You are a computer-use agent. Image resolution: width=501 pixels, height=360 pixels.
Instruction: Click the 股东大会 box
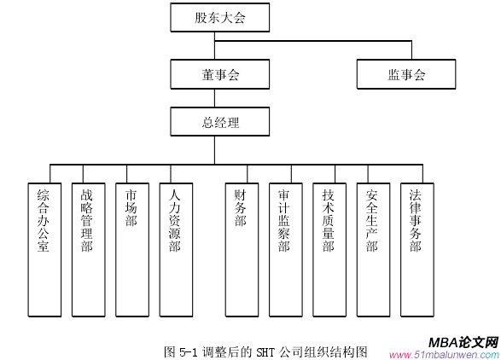[x=220, y=18]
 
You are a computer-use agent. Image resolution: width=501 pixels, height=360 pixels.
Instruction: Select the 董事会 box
[x=220, y=74]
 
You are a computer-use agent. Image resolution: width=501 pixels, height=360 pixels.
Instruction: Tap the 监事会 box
[x=406, y=74]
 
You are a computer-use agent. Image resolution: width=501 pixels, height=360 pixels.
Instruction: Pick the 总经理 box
[x=220, y=122]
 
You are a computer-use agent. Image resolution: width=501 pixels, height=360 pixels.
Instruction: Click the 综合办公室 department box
[x=44, y=250]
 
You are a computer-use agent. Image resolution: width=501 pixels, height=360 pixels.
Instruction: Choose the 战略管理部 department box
[x=89, y=250]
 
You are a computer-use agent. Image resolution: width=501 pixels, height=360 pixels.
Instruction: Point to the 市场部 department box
[x=132, y=250]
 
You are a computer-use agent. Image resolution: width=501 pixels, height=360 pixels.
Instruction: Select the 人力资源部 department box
[x=176, y=250]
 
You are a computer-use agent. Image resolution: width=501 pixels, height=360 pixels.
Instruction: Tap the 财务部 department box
[x=242, y=250]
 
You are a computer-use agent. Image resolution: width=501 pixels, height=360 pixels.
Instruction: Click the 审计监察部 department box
[x=286, y=250]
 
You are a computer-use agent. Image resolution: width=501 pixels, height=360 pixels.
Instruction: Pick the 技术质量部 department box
[x=329, y=250]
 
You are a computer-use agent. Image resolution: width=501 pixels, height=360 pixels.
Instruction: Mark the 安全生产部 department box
[x=373, y=250]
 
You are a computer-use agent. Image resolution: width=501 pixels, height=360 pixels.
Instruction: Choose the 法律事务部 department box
[x=417, y=250]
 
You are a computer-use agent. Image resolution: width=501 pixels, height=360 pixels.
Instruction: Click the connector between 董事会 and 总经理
[x=214, y=98]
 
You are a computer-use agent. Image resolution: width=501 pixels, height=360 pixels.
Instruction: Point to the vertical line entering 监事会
[x=411, y=50]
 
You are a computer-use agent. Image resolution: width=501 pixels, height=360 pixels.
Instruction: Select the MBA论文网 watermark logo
[x=463, y=342]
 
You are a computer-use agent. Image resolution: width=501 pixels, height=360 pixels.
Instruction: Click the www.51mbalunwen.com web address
[x=444, y=355]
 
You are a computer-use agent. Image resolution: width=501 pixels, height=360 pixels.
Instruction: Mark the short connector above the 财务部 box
[x=247, y=174]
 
